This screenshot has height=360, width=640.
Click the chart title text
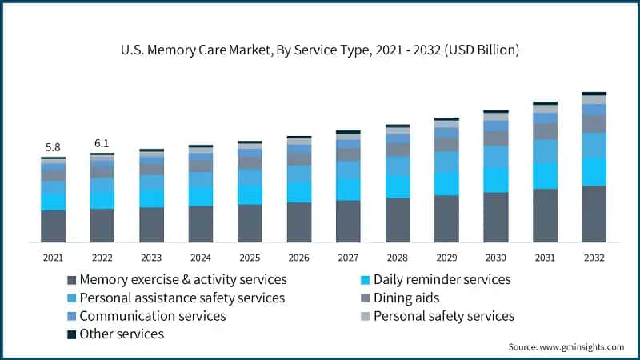(x=320, y=50)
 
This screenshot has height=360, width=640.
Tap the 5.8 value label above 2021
(x=53, y=147)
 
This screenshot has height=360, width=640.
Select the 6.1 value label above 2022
(x=102, y=143)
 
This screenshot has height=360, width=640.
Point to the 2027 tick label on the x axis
(x=348, y=258)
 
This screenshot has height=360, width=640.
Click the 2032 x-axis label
(x=594, y=258)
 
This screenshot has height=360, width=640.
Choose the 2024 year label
(x=200, y=258)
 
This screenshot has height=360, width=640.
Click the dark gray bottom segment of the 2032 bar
(x=594, y=214)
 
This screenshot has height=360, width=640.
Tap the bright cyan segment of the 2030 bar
(x=495, y=180)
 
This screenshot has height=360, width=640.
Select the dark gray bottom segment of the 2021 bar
(x=53, y=226)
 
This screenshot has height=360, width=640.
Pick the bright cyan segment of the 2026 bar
(x=298, y=192)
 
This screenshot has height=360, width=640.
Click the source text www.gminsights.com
(x=566, y=347)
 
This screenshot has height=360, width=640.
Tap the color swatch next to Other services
(x=72, y=334)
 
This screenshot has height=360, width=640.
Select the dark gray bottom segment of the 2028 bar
(x=397, y=220)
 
